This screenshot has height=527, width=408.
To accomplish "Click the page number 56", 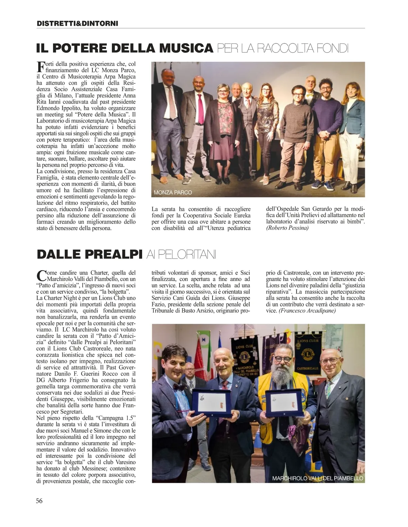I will [x=39, y=500].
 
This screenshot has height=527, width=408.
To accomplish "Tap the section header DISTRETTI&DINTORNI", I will [x=77, y=23].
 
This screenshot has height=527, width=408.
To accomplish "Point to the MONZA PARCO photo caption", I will [x=173, y=193].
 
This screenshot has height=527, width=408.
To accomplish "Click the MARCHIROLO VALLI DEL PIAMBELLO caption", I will [x=318, y=478].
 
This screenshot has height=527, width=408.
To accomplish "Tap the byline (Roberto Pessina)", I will [x=287, y=228].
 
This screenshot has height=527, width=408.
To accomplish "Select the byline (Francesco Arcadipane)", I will [x=307, y=311].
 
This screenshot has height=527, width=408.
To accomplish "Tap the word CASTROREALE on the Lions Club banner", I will [x=307, y=368].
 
